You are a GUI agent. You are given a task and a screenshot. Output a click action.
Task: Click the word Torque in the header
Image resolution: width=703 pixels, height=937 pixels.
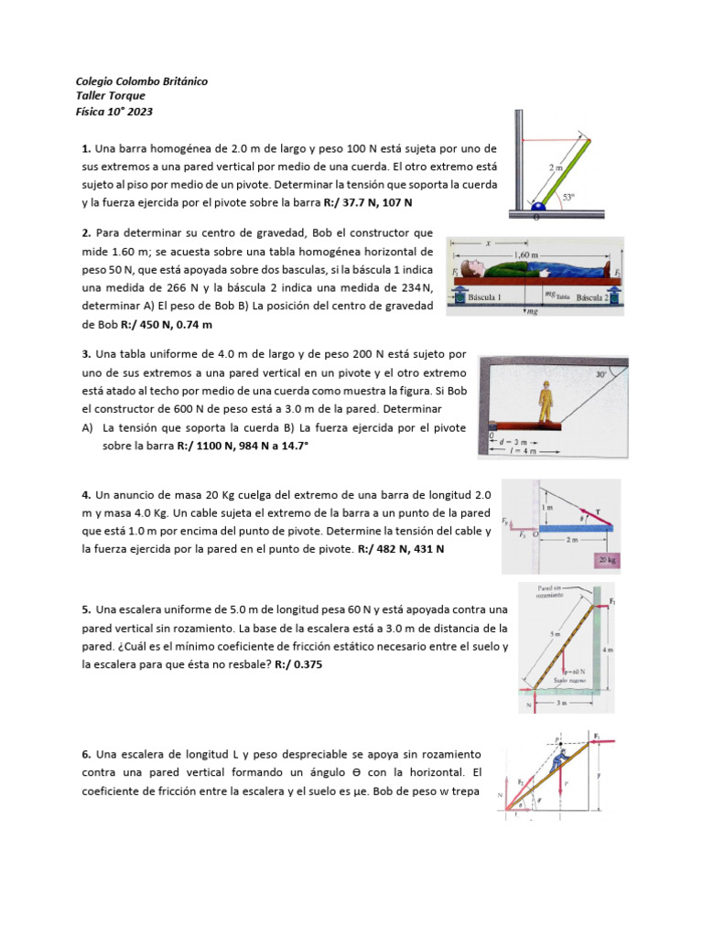point(126,96)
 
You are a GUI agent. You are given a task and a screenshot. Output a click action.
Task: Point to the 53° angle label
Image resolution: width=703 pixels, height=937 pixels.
point(569,197)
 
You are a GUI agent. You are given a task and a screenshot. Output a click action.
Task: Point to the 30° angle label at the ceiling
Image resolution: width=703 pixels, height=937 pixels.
point(600,374)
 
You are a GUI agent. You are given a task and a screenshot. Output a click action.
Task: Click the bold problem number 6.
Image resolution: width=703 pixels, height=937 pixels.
point(85,754)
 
